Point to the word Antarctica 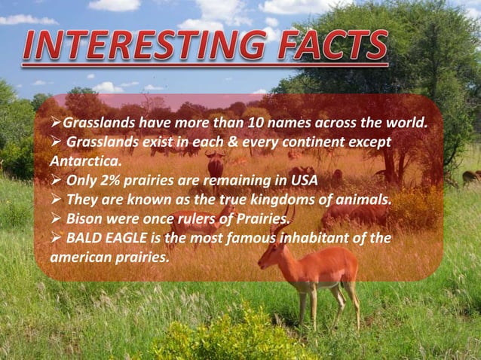pos(85,161)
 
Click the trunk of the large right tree pos(392,162)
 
